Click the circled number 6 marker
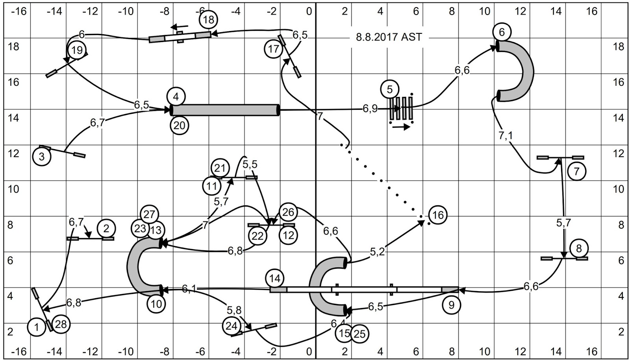click(x=501, y=32)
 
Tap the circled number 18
click(x=209, y=19)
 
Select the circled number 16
click(x=438, y=215)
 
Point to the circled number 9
click(x=451, y=305)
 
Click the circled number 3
click(x=42, y=157)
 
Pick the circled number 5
click(x=389, y=89)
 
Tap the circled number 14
click(x=274, y=279)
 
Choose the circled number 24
click(x=232, y=326)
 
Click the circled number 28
click(x=61, y=324)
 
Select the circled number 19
click(x=77, y=50)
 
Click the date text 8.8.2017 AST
click(x=389, y=37)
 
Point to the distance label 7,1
click(x=506, y=136)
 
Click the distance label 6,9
click(x=370, y=108)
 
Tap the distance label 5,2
click(x=377, y=252)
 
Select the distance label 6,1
click(x=189, y=289)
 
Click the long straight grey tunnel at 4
click(x=225, y=110)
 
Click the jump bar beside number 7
click(x=560, y=158)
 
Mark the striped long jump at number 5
click(x=401, y=108)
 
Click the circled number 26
click(x=288, y=212)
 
